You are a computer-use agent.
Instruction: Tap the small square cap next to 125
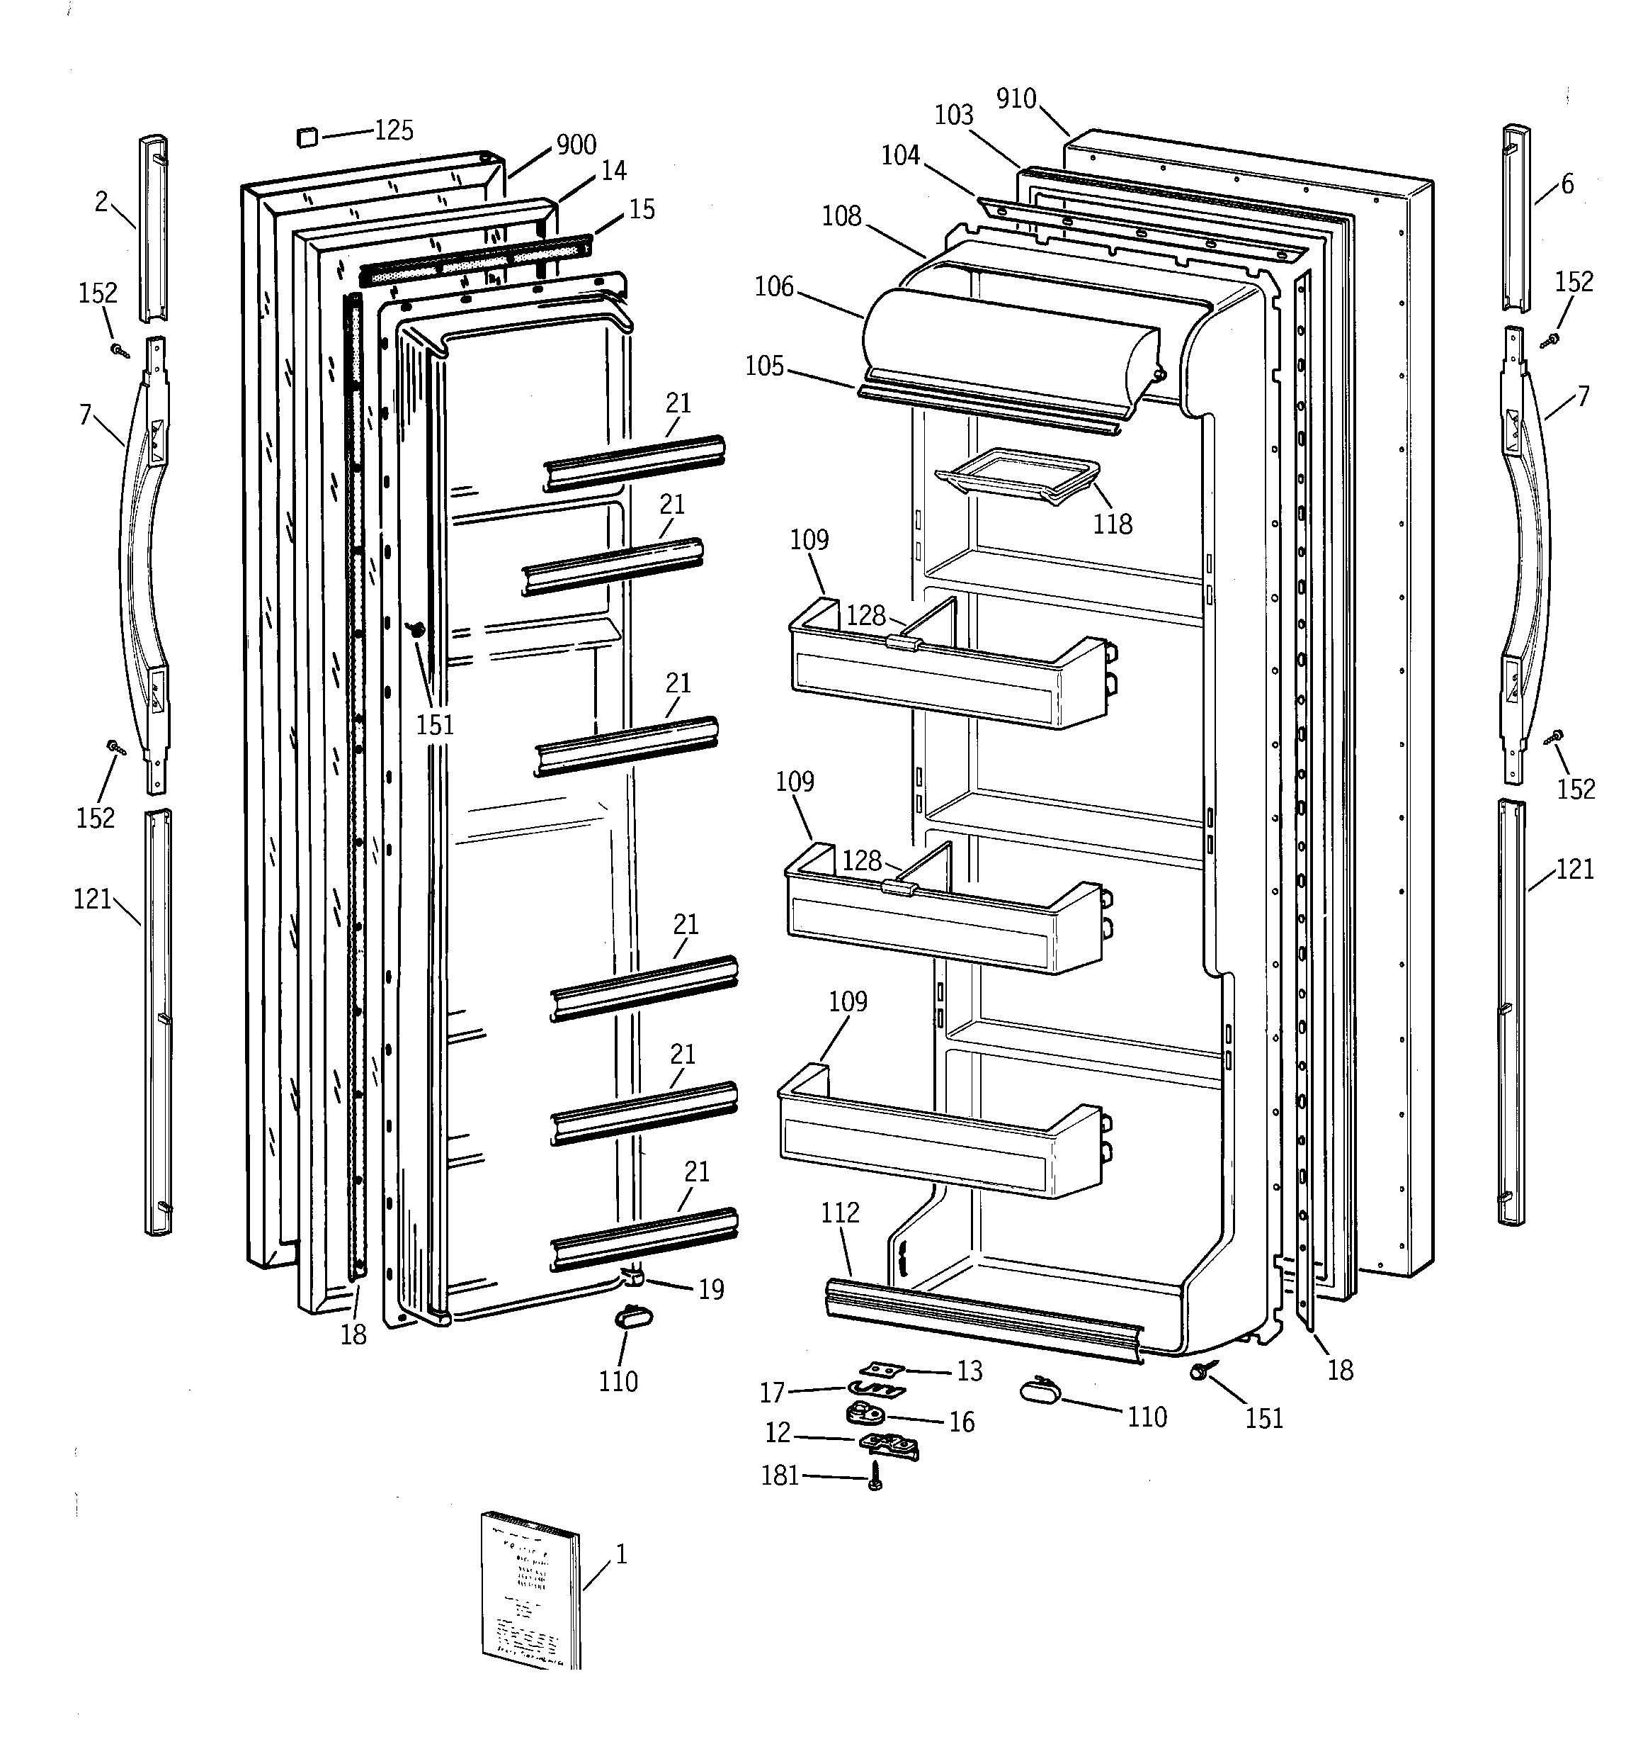point(305,137)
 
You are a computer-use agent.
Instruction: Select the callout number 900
point(576,145)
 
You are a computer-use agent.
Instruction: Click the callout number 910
point(1016,99)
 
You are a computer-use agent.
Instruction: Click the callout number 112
point(840,1213)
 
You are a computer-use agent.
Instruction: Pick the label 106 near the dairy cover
point(774,287)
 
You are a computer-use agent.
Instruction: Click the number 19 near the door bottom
point(711,1290)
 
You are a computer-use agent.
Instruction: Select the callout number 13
point(970,1371)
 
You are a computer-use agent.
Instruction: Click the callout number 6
point(1567,184)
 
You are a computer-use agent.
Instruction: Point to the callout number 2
point(101,202)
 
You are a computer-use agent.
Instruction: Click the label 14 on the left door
point(614,170)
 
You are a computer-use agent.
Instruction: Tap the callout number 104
point(900,155)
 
